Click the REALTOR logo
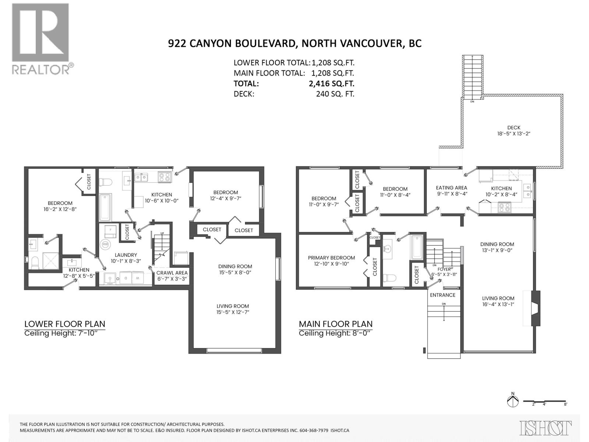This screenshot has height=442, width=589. (40, 39)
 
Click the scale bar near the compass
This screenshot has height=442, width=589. (545, 401)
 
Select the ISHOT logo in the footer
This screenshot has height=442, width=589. (546, 428)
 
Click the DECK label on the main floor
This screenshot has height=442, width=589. (514, 128)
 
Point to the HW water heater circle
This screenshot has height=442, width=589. (105, 244)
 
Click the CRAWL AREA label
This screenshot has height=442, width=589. (172, 273)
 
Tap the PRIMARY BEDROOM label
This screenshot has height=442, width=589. (331, 258)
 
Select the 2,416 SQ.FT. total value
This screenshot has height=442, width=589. (331, 84)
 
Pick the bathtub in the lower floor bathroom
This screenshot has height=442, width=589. (105, 207)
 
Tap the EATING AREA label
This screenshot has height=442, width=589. (451, 188)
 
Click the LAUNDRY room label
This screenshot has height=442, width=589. (126, 255)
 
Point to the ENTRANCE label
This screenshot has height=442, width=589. (442, 295)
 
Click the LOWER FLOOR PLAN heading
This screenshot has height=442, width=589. (65, 324)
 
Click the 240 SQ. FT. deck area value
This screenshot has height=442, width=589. (335, 94)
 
